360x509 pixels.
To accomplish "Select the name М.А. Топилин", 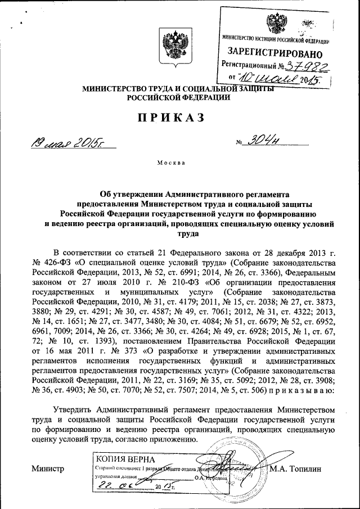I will (298, 468).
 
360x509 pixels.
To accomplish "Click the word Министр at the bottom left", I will (48, 468).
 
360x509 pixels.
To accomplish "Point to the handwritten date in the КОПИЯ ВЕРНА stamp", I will (124, 486).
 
